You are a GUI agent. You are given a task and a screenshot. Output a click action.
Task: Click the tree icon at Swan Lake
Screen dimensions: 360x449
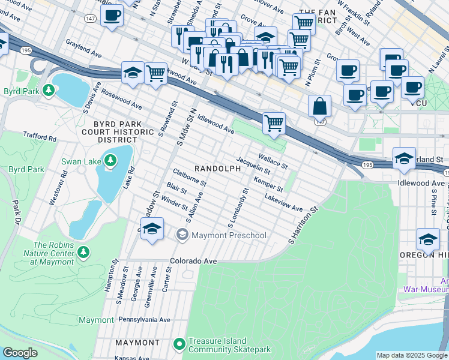110,160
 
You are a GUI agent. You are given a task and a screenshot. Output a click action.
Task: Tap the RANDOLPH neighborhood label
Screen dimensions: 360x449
217,169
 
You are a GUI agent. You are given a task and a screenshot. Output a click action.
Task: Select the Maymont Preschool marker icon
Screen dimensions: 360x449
182,235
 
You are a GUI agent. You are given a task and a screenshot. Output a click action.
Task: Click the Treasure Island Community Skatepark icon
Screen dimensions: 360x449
178,344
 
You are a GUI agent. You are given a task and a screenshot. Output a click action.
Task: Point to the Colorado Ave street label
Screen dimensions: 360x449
193,261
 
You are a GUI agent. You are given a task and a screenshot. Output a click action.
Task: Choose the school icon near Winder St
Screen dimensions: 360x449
152,230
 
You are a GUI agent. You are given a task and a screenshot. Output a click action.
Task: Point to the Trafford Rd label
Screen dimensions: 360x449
40,137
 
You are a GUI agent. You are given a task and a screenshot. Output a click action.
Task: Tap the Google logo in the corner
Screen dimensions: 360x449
20,353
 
